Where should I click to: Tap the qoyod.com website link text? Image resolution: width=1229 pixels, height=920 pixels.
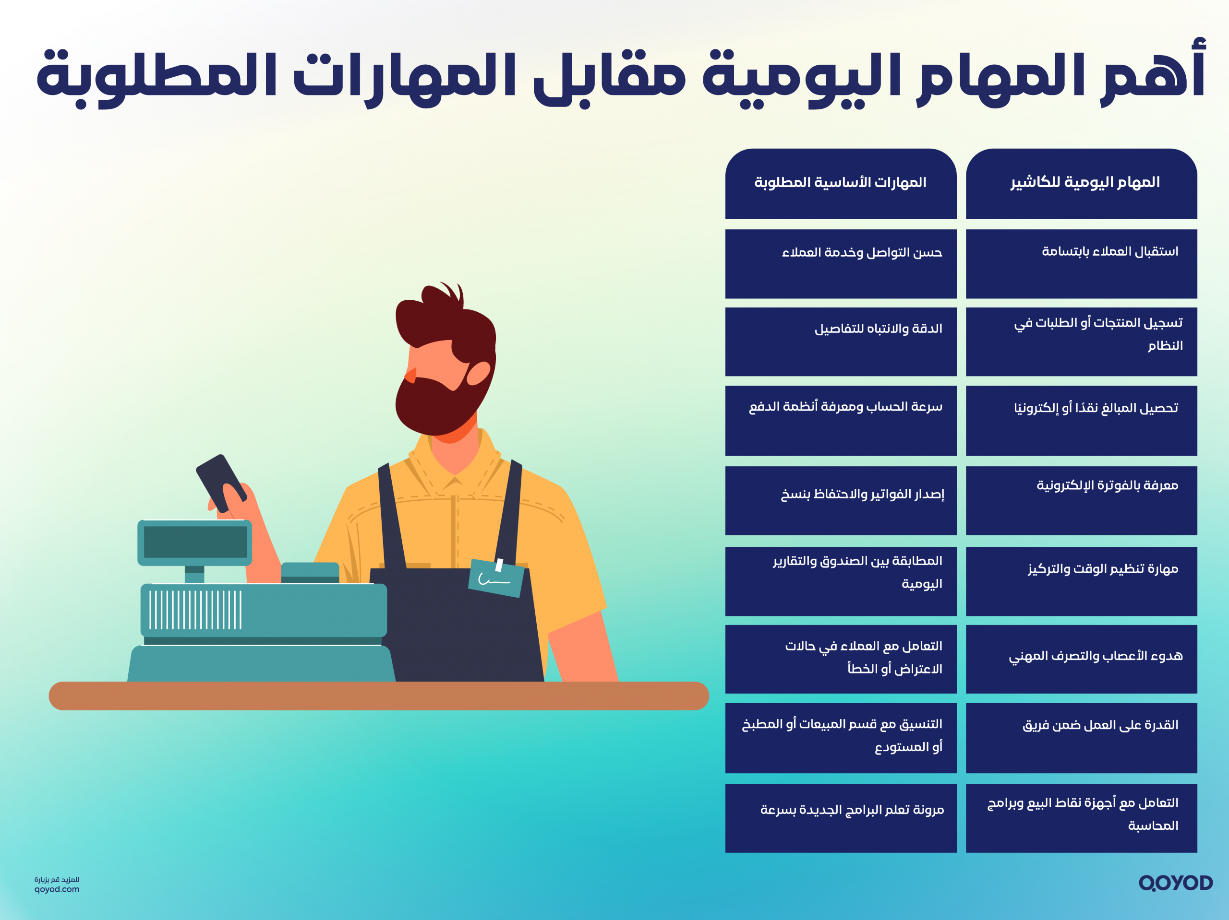coord(57,889)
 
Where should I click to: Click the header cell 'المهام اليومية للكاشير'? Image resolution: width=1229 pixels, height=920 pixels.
coord(1081,183)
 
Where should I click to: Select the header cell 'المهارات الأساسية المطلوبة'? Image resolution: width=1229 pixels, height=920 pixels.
coord(841,183)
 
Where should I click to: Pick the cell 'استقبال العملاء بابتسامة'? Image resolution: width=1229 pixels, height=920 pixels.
coord(1081,263)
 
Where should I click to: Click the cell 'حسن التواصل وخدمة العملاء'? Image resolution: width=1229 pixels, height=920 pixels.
coord(841,263)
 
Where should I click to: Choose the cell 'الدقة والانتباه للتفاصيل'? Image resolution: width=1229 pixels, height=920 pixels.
coord(841,341)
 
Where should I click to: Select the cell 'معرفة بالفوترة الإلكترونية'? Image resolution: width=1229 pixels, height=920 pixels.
coord(1081,500)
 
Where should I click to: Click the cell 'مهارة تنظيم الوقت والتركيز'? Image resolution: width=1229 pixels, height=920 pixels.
coord(1081,580)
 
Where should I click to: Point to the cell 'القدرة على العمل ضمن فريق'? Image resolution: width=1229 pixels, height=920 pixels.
coord(1081,737)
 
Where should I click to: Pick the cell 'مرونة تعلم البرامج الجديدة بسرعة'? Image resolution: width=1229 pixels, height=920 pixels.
coord(841,817)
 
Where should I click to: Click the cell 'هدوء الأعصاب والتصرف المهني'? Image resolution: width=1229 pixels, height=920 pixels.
coord(1081,659)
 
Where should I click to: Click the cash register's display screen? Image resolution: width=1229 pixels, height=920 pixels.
coord(195,542)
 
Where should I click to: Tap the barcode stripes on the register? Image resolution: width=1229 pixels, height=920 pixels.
coord(195,610)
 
